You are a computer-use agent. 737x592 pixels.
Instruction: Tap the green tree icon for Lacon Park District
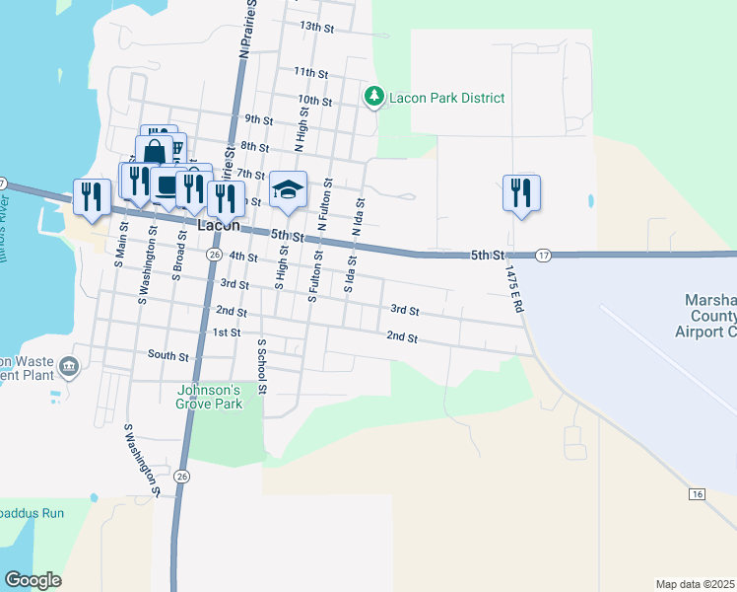373,97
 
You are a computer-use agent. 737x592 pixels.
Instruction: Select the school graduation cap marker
289,190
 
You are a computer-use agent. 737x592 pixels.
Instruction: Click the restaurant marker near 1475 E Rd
520,191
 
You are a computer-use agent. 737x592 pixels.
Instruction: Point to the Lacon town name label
219,225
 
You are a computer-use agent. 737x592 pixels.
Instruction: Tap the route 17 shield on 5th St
544,256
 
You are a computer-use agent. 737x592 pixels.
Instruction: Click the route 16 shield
698,493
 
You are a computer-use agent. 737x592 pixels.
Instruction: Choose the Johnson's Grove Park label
209,396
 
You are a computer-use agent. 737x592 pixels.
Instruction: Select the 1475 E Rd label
513,288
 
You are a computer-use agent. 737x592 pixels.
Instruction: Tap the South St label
167,354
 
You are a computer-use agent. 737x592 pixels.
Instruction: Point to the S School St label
262,367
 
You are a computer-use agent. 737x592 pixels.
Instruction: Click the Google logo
33,580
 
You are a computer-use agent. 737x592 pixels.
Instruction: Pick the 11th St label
309,73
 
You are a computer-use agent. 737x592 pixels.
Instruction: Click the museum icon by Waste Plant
68,367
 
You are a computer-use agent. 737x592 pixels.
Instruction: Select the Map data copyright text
695,583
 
